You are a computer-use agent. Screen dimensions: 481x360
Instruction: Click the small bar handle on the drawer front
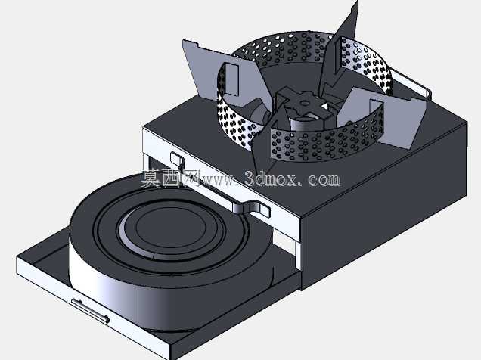91,312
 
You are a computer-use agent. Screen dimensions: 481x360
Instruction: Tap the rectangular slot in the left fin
231,79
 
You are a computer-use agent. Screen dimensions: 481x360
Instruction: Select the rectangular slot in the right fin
377,117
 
